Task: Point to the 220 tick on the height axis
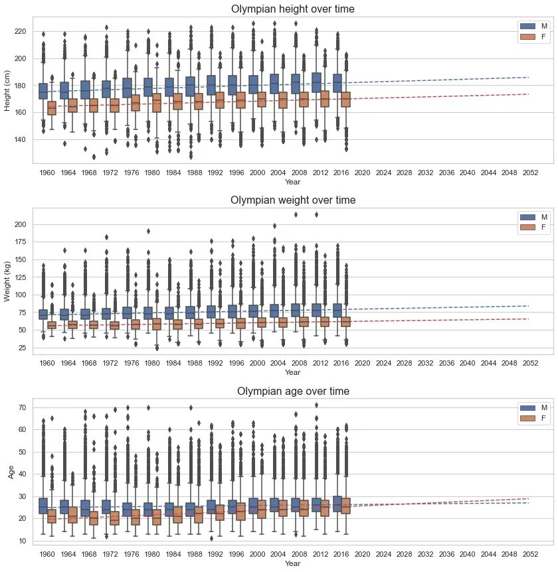point(22,32)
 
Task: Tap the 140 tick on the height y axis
point(22,139)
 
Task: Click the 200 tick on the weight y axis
point(22,225)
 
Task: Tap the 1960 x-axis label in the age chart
point(47,554)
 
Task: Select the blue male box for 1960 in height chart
point(43,92)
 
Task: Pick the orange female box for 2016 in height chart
point(345,100)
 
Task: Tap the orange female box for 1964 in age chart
point(72,514)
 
